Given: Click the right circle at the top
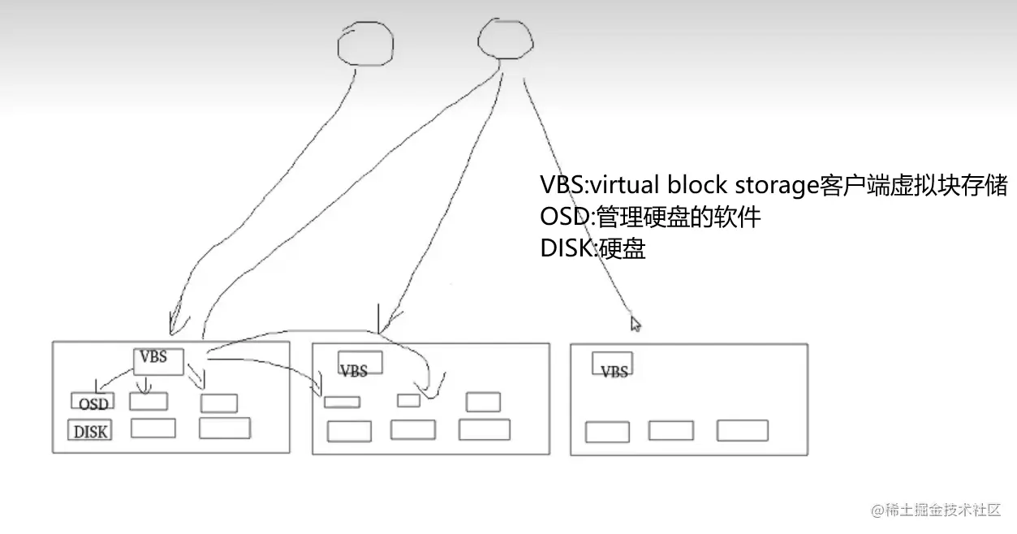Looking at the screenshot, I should point(504,39).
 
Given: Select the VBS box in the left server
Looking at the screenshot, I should point(158,361).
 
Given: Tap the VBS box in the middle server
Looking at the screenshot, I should point(360,364).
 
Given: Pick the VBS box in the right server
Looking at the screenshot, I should point(613,364).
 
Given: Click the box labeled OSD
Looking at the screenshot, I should point(93,402).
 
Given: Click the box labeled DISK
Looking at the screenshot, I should point(90,431).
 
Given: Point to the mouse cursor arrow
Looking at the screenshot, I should point(636,323).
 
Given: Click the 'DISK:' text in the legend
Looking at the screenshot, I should point(568,248).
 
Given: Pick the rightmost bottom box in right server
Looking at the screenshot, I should point(742,430).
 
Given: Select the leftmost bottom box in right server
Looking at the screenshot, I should point(607,432).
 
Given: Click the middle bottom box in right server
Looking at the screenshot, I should point(671,430).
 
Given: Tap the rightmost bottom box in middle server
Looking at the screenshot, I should point(484,429).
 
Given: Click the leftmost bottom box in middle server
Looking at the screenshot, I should point(349,431).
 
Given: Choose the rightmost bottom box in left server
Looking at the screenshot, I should point(224,428).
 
